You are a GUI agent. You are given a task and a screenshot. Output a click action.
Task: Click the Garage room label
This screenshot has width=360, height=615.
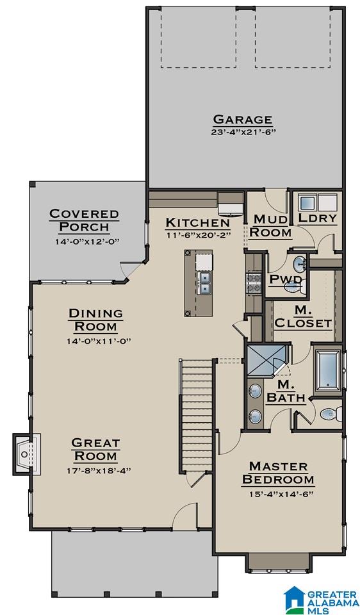coord(242,119)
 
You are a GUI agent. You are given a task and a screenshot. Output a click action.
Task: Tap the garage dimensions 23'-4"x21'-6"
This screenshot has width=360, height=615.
coord(243,132)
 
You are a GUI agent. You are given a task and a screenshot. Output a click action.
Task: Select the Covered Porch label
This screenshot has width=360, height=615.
coord(85,220)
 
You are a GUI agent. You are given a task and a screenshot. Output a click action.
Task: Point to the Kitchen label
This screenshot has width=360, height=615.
coord(198,222)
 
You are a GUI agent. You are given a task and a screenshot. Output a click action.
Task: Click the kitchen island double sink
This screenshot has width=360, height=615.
coord(204,283)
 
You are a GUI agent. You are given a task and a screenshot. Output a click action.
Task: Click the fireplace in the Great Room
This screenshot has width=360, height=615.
coord(27,454)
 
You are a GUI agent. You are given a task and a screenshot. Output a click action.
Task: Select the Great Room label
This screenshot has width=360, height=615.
coord(95,450)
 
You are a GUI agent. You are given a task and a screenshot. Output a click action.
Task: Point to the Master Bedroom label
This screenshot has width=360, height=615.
coord(278,473)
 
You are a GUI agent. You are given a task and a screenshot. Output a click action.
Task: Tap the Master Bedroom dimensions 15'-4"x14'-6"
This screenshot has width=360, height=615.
coord(281,494)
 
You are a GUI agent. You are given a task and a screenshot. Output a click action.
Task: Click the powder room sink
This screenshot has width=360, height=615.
coord(300,264)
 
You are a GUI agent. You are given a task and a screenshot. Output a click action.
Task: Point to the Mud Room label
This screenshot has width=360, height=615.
coord(270,225)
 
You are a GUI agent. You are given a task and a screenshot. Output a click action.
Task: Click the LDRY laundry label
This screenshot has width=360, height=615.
coord(317,218)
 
